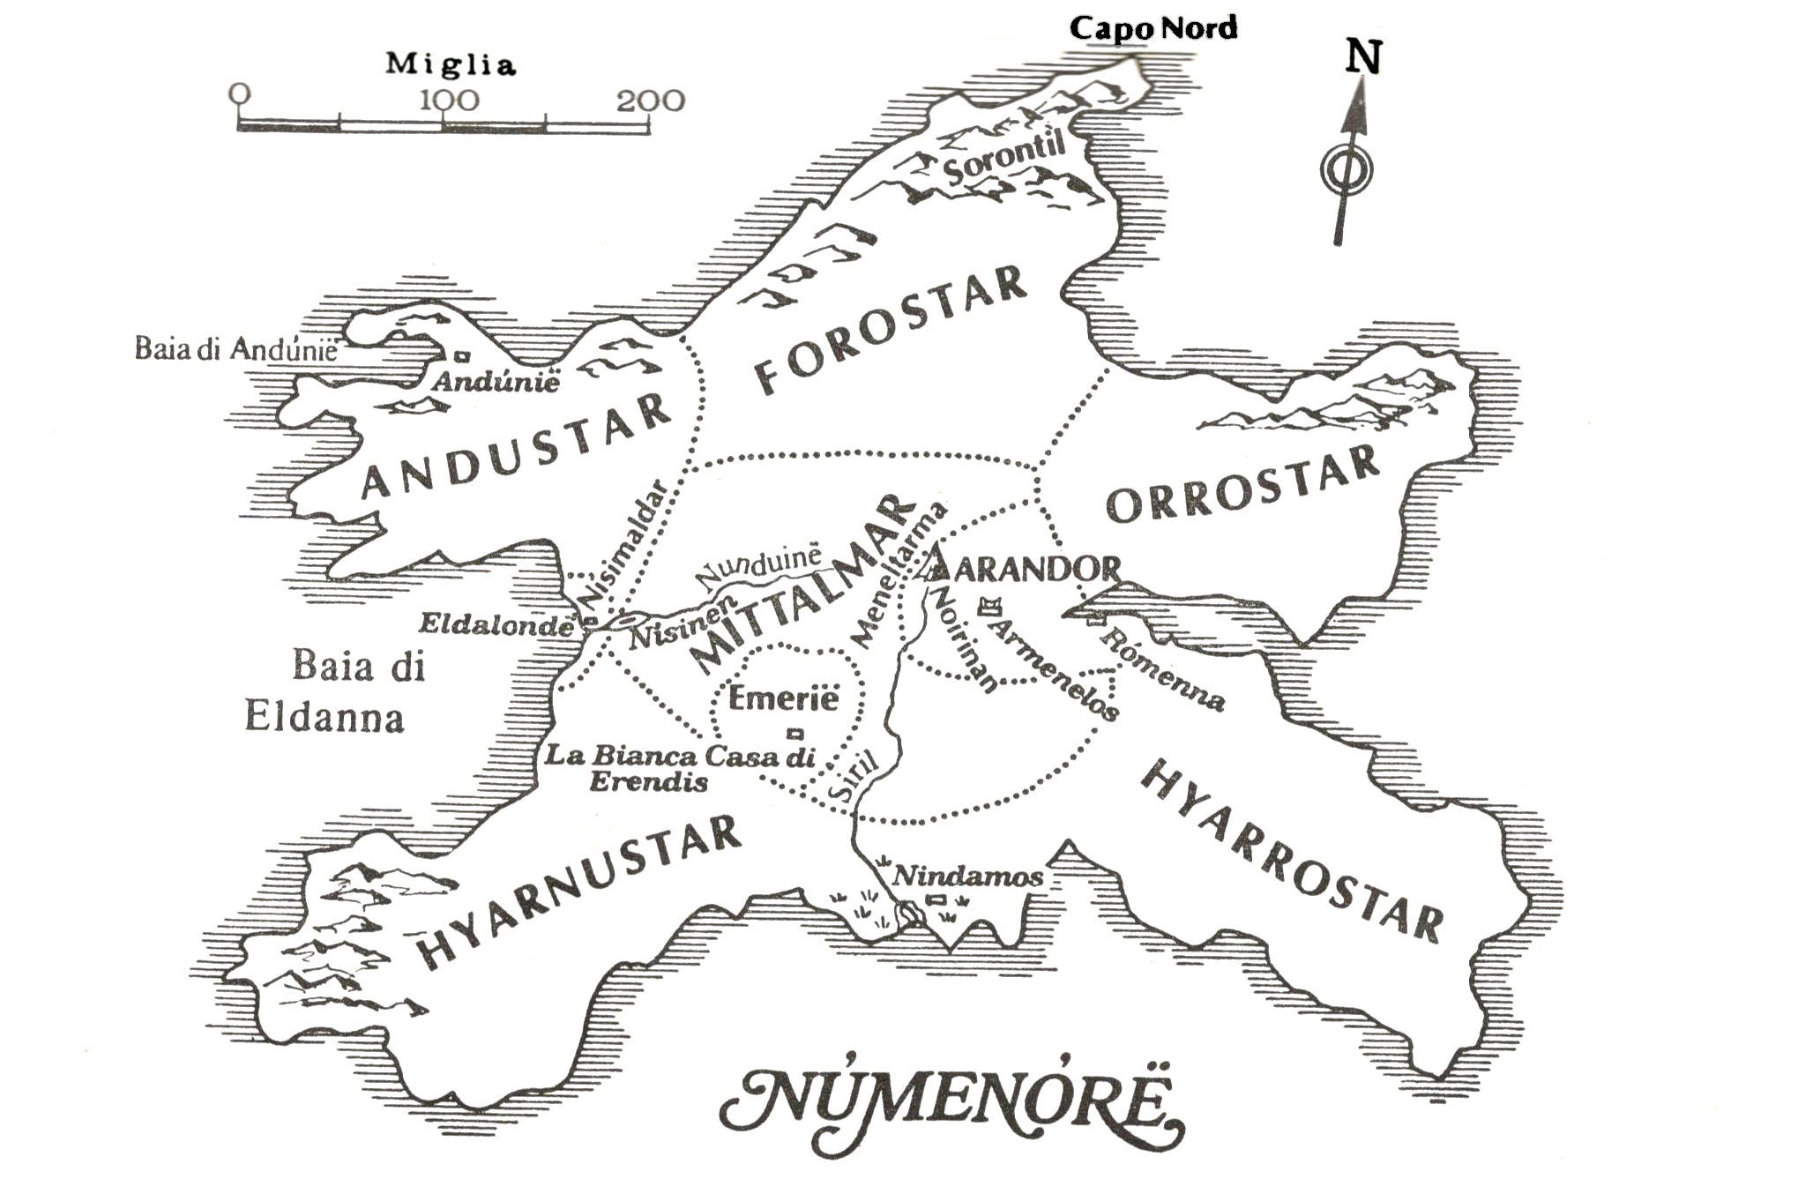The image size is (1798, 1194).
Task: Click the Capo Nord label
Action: click(1153, 28)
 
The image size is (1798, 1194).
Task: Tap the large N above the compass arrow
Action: click(1362, 57)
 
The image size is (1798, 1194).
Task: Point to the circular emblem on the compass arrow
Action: click(1347, 169)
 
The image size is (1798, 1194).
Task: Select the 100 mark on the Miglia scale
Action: click(449, 101)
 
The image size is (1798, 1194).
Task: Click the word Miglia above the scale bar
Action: click(450, 64)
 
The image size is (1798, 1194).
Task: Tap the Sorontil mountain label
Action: click(1004, 160)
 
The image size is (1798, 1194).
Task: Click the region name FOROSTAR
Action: click(891, 330)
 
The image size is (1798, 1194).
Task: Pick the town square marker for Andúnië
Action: click(461, 356)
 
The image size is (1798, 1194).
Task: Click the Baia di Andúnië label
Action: click(235, 350)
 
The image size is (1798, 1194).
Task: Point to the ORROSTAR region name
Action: click(1242, 486)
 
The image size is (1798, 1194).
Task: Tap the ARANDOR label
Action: click(1037, 570)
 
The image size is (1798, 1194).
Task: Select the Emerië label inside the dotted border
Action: click(783, 699)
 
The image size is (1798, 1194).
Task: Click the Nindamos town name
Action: click(967, 877)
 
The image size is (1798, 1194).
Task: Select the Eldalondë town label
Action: click(496, 625)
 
